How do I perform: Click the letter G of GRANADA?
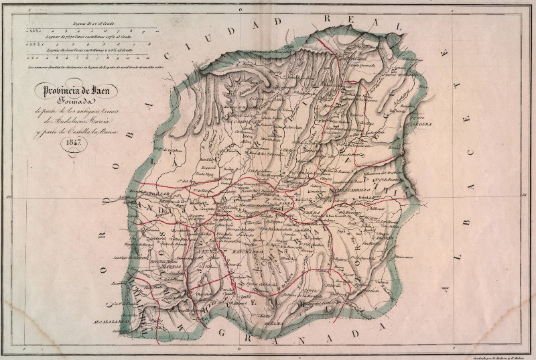click(x=226, y=333)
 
